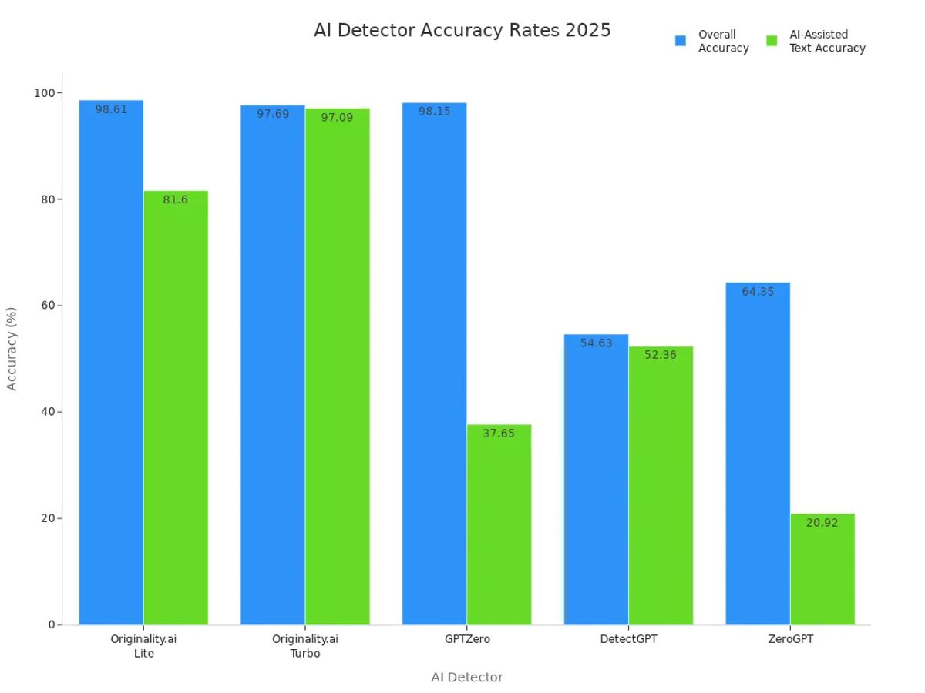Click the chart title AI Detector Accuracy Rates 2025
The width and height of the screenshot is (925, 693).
point(462,30)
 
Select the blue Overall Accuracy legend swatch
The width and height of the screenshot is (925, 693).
point(681,41)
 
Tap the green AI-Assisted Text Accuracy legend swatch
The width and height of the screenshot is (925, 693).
point(772,41)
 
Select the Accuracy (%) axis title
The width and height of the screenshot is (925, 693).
point(12,348)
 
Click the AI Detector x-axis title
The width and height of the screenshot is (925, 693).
point(466,678)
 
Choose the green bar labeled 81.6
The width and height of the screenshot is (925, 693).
point(176,408)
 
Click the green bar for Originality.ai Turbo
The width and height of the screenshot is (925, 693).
point(338,370)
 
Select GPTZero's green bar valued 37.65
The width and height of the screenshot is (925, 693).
point(499,524)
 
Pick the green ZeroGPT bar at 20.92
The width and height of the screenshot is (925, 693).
point(822,570)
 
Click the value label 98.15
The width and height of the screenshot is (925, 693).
point(435,112)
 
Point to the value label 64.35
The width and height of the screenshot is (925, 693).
point(758,292)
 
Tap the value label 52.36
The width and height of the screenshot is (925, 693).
point(661,356)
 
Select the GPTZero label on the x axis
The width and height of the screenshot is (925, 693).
point(467,639)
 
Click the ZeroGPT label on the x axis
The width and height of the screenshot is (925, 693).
point(790,639)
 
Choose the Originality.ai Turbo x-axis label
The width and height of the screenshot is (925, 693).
point(305,646)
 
